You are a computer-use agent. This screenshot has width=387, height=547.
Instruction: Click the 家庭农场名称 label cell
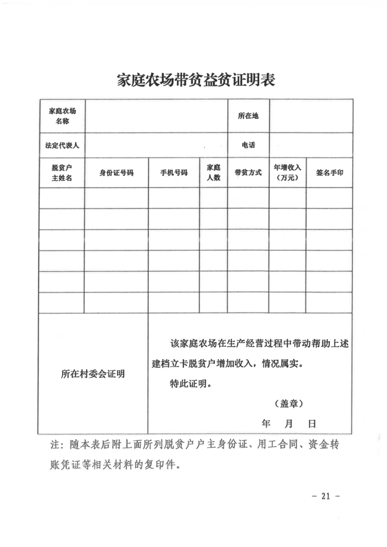point(62,116)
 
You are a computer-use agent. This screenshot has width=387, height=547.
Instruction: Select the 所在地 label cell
point(248,116)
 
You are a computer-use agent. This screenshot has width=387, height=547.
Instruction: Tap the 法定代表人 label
point(62,145)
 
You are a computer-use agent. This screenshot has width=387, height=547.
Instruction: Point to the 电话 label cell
point(248,145)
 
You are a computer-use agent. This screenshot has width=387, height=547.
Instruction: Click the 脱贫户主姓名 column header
point(62,172)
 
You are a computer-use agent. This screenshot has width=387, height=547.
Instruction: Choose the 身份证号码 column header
point(116,172)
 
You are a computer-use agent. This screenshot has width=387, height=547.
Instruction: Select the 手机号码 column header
point(174,172)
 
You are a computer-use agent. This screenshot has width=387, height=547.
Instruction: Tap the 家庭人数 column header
point(213,172)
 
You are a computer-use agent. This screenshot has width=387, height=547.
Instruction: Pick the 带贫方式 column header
point(248,172)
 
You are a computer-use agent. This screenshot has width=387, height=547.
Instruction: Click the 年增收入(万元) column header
point(288,172)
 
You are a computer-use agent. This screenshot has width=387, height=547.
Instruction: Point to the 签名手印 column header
point(329,172)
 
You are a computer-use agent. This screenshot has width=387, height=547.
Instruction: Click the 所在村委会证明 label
point(93,374)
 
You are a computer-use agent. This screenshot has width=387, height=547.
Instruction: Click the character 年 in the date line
point(266,423)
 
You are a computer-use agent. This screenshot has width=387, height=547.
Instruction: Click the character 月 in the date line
point(289,423)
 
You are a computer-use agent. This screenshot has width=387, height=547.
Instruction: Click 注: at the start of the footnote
point(57,445)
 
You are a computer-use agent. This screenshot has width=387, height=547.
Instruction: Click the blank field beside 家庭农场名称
point(156,116)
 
